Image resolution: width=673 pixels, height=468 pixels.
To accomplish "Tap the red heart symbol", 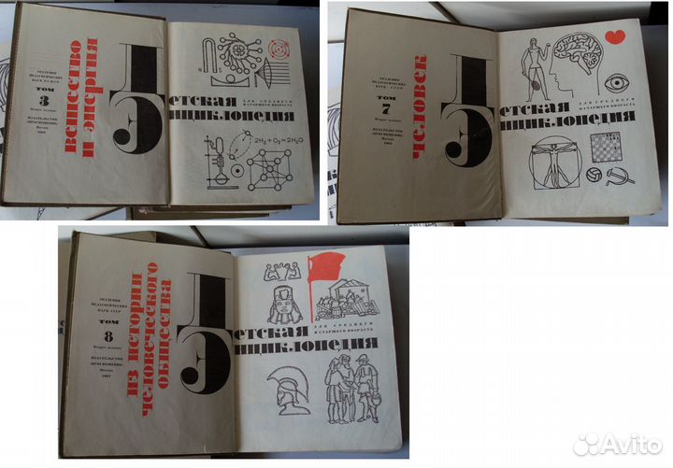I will click(x=614, y=36).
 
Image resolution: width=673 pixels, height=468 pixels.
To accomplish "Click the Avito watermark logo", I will click(x=618, y=444).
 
